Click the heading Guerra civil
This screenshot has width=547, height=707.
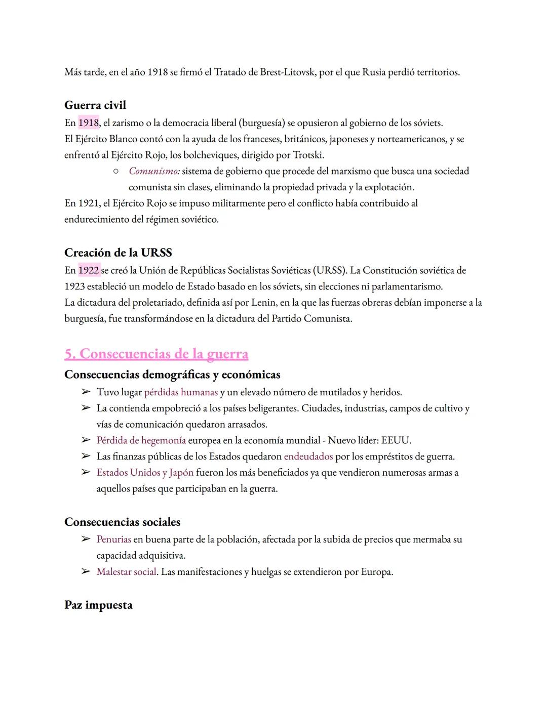click(x=95, y=105)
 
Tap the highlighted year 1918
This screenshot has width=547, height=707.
click(x=89, y=123)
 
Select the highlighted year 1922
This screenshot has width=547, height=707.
click(x=89, y=270)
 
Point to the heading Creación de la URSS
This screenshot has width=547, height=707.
click(x=118, y=253)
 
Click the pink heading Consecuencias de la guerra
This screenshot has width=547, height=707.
click(x=156, y=354)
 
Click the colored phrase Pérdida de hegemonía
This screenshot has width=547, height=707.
click(x=141, y=440)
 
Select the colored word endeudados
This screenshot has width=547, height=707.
click(x=308, y=456)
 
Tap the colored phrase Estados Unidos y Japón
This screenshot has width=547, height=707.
click(x=145, y=473)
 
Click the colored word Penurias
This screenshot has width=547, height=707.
click(x=114, y=539)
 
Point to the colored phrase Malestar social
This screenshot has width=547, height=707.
click(x=126, y=572)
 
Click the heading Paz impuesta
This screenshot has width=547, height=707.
click(x=98, y=605)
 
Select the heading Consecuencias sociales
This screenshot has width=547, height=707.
click(x=122, y=522)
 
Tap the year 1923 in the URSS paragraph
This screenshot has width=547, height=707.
click(x=74, y=286)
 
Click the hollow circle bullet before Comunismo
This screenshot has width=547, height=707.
click(x=115, y=172)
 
